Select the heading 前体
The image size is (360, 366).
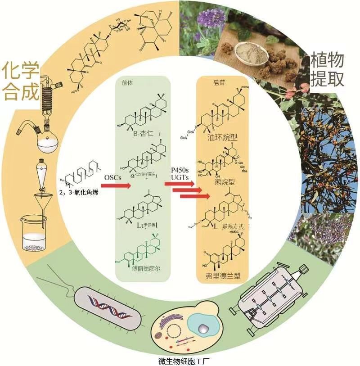pos(127,82)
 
